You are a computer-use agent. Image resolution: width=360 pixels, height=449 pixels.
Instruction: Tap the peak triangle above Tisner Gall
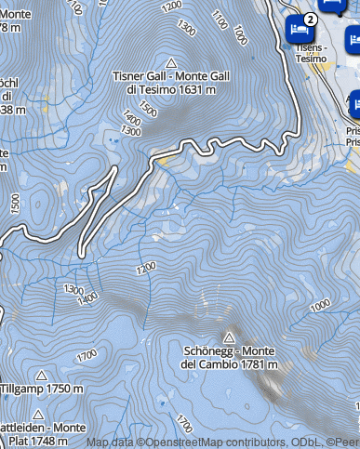[x=170, y=60]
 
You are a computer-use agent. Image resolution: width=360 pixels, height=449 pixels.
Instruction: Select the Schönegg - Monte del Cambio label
[x=229, y=357]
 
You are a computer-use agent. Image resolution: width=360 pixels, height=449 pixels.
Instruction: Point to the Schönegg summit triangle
[x=230, y=337]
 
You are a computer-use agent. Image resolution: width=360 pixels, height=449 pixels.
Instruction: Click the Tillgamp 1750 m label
[x=42, y=389]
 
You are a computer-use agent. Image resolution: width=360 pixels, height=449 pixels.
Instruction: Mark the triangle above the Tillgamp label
[x=41, y=375]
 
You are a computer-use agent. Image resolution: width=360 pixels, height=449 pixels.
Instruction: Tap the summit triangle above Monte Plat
[x=38, y=414]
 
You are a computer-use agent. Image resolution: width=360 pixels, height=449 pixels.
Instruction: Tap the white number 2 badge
[x=310, y=18]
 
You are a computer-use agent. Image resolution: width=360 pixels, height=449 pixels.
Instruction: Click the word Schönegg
[x=212, y=350]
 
